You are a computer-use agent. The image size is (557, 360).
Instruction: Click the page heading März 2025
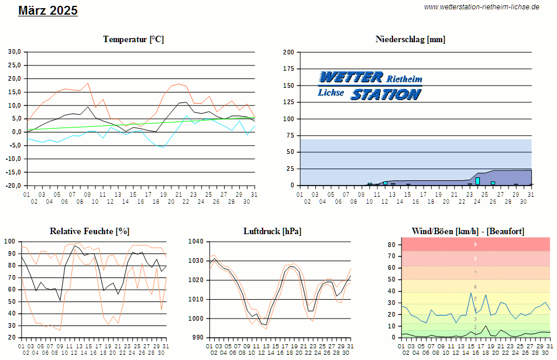click(x=48, y=11)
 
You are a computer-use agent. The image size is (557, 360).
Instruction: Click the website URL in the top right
click(x=481, y=7)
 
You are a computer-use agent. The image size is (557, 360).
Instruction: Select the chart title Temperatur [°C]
click(x=133, y=39)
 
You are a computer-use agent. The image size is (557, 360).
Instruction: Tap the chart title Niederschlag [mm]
click(x=410, y=39)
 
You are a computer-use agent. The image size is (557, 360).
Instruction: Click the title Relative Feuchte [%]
click(x=90, y=231)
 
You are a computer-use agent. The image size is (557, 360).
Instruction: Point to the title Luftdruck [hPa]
click(x=272, y=231)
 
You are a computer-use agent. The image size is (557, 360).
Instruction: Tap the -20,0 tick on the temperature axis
click(x=13, y=186)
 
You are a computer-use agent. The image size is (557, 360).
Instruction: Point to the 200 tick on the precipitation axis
click(x=288, y=52)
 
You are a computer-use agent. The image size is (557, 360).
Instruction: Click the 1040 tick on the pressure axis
click(x=195, y=241)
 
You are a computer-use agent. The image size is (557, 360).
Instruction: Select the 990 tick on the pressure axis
click(x=197, y=338)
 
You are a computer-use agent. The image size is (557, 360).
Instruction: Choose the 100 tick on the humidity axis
click(x=10, y=241)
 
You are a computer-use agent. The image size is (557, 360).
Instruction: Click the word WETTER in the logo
click(x=350, y=77)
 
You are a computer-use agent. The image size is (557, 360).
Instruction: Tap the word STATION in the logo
click(x=386, y=94)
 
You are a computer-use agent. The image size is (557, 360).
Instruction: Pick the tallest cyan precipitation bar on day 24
click(x=477, y=181)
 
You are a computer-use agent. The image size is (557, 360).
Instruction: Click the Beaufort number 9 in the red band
click(x=476, y=245)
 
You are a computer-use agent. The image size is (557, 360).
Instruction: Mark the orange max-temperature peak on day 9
click(x=88, y=83)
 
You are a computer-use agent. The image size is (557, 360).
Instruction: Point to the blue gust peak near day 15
click(x=471, y=293)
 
